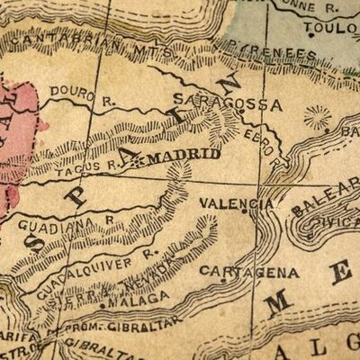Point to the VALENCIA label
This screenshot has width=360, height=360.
point(237,203)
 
